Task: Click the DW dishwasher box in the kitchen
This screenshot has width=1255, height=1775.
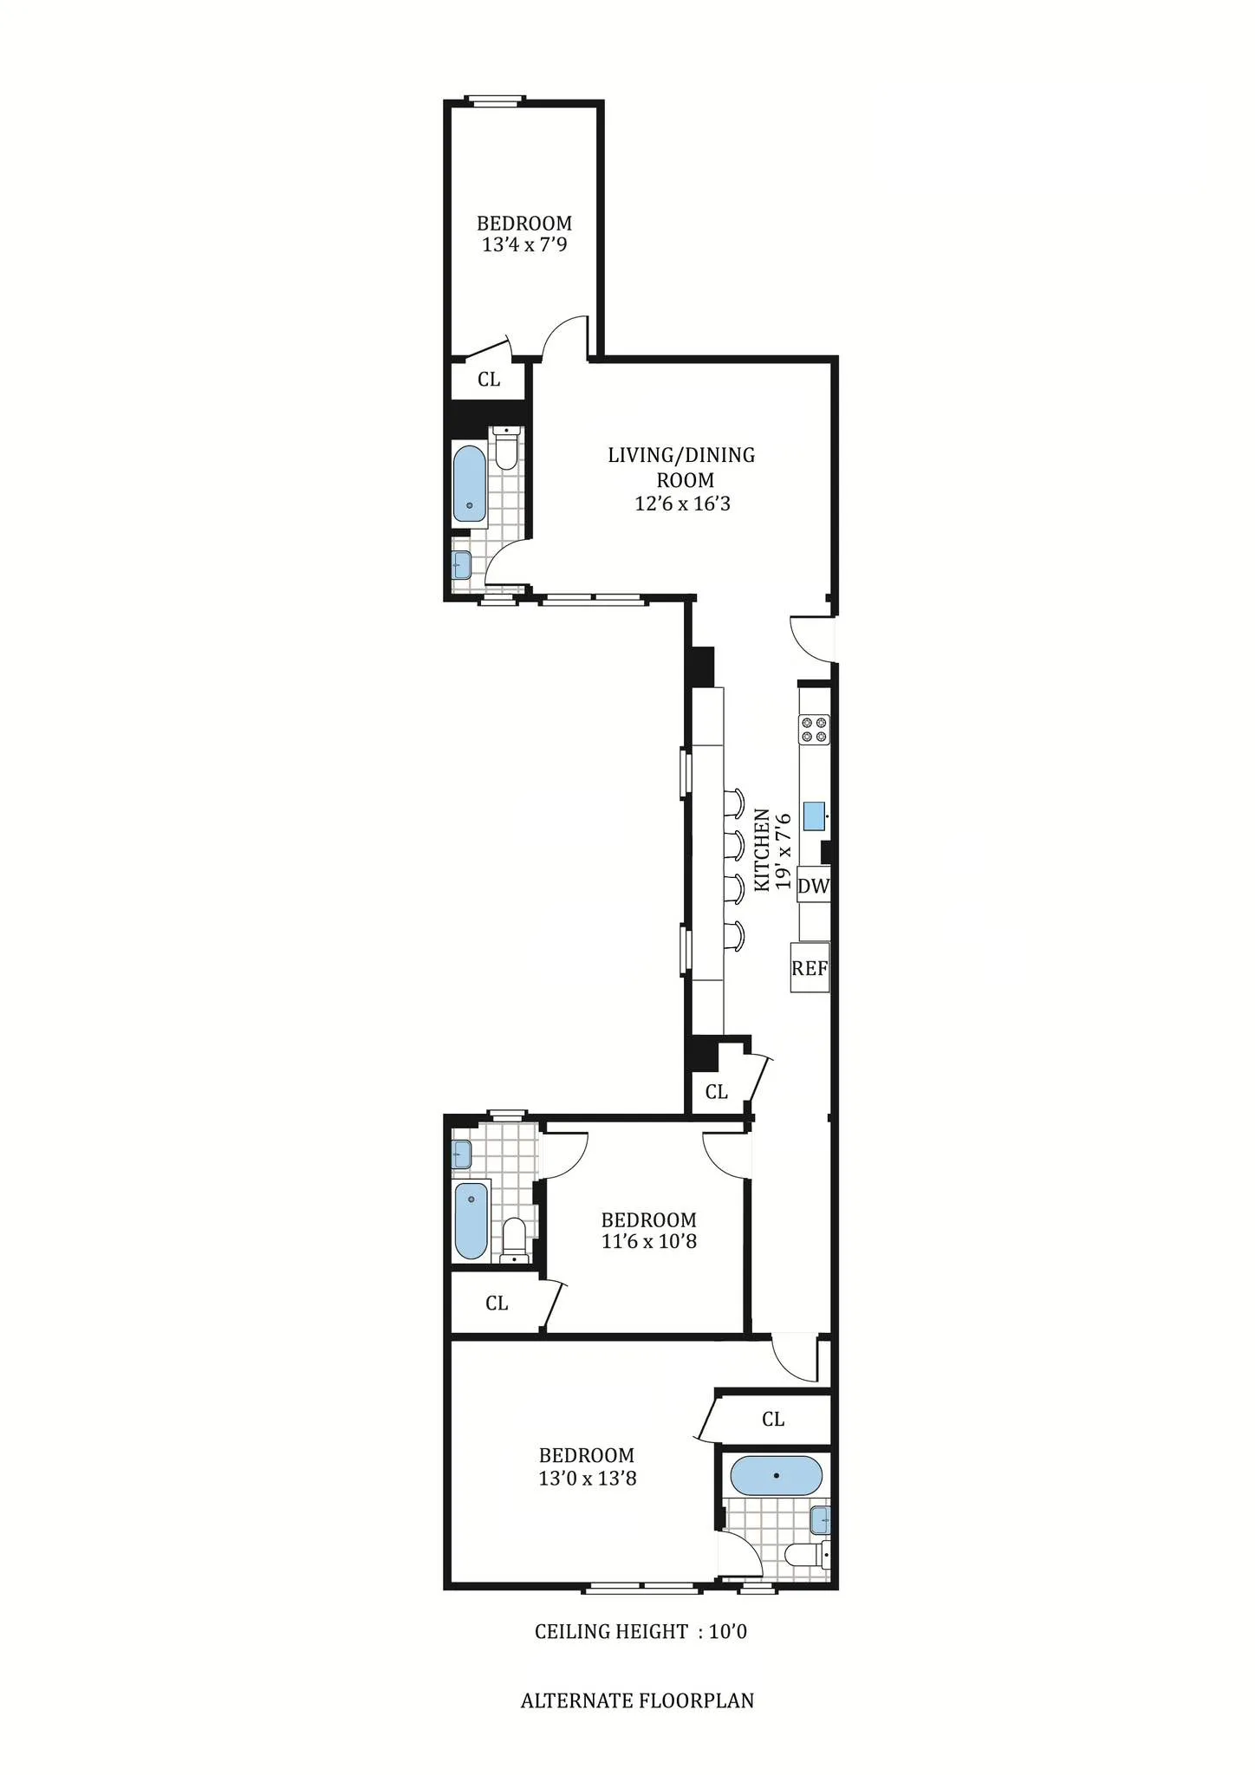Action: pos(813,886)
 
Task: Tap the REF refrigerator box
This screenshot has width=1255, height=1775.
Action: pos(810,967)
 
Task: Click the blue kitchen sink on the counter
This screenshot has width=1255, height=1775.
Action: pos(814,816)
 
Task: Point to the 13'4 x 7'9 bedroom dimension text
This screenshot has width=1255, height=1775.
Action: pos(524,245)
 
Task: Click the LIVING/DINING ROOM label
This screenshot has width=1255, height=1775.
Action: pos(681,467)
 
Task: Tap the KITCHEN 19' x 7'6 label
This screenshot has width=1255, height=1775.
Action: pos(771,849)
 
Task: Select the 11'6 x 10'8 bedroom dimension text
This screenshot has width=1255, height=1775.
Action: pos(648,1241)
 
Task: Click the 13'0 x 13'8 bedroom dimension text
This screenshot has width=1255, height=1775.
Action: pos(587,1479)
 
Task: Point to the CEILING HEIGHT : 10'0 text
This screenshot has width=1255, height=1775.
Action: pos(640,1632)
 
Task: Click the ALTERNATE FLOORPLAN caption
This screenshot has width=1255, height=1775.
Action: pos(637,1701)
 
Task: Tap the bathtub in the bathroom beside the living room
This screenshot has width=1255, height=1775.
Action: pos(470,484)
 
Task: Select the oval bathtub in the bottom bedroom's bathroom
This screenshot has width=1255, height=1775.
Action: pos(776,1475)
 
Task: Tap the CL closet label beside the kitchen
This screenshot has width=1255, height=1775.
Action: pos(716,1092)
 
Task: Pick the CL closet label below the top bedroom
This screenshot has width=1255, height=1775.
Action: pos(489,380)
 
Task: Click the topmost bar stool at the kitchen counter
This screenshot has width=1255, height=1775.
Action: pos(734,803)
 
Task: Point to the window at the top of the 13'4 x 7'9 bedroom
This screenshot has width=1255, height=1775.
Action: pos(494,101)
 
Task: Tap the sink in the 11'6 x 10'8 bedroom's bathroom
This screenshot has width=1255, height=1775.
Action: pos(462,1154)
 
